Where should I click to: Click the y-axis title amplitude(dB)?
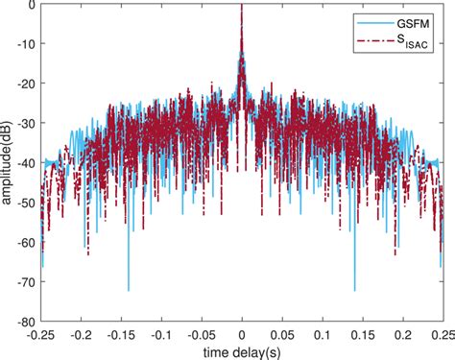(x=9, y=163)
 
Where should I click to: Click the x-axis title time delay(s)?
(x=242, y=352)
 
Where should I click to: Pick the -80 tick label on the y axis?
(x=24, y=323)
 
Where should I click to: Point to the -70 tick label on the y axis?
(x=24, y=283)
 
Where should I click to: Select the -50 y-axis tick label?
(x=24, y=204)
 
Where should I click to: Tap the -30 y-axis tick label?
(x=24, y=124)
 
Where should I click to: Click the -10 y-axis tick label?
(x=24, y=44)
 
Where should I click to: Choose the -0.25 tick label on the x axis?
(x=40, y=335)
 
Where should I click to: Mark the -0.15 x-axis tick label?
(x=121, y=335)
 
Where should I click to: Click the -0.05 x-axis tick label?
(x=201, y=335)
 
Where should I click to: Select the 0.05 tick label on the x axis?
(x=282, y=335)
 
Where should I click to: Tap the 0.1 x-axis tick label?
(x=323, y=335)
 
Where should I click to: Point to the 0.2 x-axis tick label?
(x=402, y=335)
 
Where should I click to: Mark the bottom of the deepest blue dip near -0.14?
(x=129, y=290)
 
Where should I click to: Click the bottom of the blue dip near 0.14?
(x=355, y=290)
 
